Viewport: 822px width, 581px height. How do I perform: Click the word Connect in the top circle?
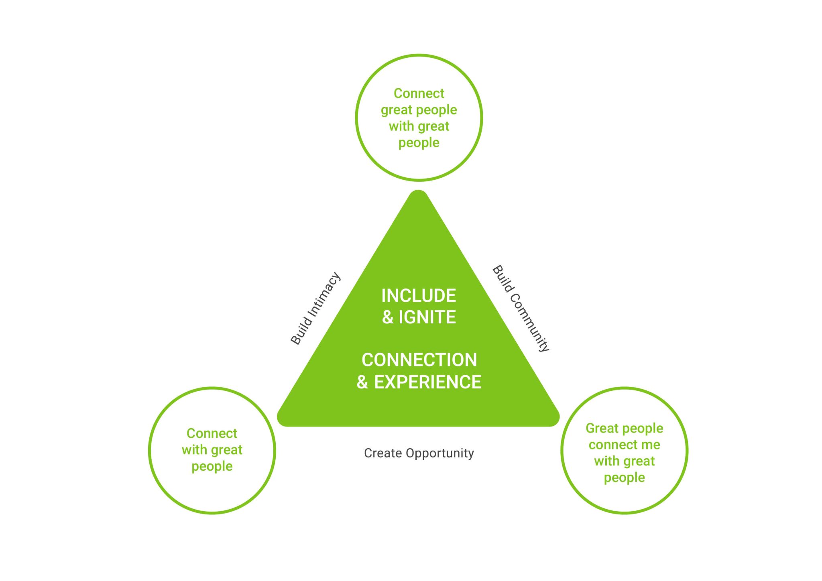(x=419, y=93)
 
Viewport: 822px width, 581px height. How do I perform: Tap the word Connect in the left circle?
(x=212, y=433)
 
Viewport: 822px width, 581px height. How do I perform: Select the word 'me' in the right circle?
(x=650, y=445)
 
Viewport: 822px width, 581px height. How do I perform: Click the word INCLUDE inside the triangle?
(x=419, y=296)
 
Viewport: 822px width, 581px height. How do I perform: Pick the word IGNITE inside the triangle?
(x=427, y=317)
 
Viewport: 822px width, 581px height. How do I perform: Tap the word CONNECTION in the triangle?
(x=419, y=360)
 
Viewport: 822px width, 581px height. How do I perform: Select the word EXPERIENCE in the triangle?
(x=428, y=382)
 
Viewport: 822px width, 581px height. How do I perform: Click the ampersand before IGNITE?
(x=387, y=317)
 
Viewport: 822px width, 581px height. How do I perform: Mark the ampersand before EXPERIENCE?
(x=362, y=382)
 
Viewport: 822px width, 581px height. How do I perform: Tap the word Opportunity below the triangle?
(x=440, y=453)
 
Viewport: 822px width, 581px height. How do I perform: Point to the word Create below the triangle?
(x=383, y=453)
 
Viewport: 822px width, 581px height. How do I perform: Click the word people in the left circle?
(x=212, y=467)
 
